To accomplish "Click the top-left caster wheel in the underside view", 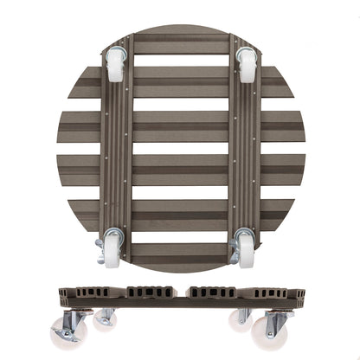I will click(115, 66).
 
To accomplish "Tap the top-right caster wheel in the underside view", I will click(247, 66).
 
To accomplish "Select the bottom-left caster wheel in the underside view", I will click(113, 250).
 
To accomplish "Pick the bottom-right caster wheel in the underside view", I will click(246, 250).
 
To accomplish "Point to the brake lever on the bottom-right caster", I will click(234, 255).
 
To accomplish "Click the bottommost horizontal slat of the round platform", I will click(181, 253).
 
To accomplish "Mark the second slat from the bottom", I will click(181, 209).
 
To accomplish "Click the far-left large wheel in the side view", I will click(68, 331).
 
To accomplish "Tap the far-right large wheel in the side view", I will click(268, 331).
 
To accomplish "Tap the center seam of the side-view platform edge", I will click(181, 294).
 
